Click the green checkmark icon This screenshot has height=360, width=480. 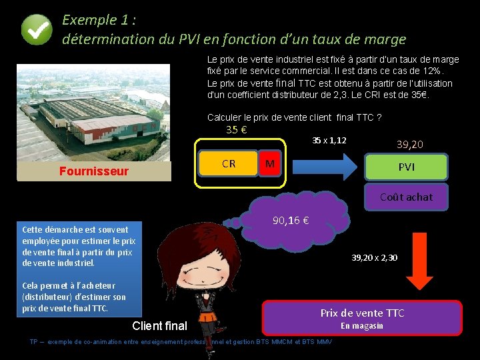[36, 30]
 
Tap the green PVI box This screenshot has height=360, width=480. [406, 167]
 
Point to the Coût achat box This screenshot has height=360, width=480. [406, 197]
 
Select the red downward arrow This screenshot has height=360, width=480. [420, 262]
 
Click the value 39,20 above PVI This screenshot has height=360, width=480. [409, 144]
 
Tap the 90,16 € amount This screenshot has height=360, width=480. [290, 221]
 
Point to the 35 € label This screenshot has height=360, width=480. [237, 129]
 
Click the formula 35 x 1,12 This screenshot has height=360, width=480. [329, 140]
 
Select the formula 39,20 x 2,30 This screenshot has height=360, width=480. [375, 257]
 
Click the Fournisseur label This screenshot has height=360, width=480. [93, 171]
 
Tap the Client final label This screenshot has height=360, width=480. [161, 326]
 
